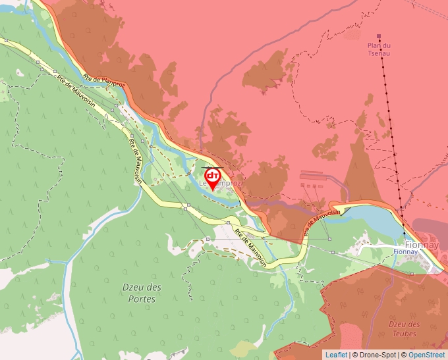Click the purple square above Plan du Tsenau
pyautogui.click(x=378, y=36)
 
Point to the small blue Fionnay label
pyautogui.click(x=404, y=251)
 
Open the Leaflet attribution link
pyautogui.click(x=336, y=355)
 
